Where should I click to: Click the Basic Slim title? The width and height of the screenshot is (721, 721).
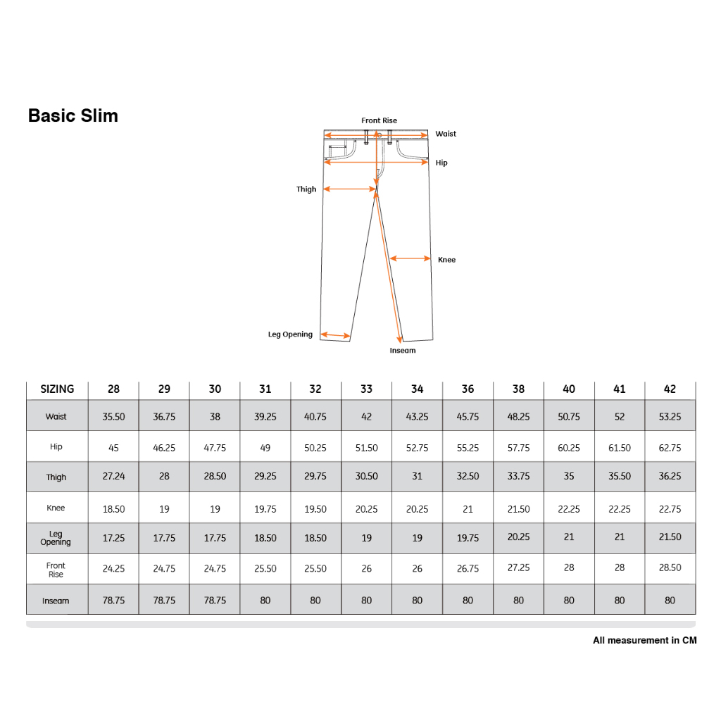pyautogui.click(x=73, y=115)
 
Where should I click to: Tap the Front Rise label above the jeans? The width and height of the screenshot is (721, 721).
pyautogui.click(x=379, y=120)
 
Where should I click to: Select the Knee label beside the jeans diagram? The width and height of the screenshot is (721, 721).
pyautogui.click(x=446, y=260)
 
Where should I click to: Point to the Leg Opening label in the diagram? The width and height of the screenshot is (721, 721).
pyautogui.click(x=290, y=334)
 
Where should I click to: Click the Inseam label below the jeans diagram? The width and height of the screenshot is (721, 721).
pyautogui.click(x=403, y=351)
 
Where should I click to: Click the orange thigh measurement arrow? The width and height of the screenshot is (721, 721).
pyautogui.click(x=350, y=189)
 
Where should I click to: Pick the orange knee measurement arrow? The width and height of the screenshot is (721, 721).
pyautogui.click(x=410, y=258)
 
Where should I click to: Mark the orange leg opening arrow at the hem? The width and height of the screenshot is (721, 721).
pyautogui.click(x=335, y=335)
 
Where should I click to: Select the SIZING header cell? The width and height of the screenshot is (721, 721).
pyautogui.click(x=57, y=389)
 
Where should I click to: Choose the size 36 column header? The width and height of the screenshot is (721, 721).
pyautogui.click(x=468, y=389)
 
